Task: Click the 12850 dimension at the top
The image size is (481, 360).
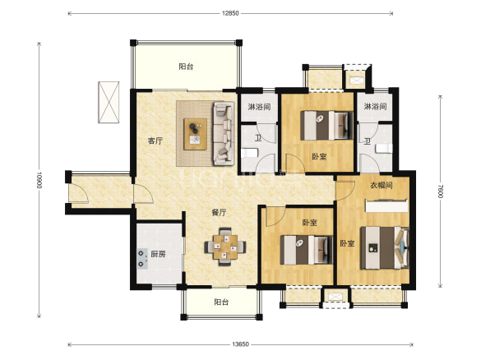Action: [x=230, y=13]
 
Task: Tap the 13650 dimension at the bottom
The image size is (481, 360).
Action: [x=240, y=344]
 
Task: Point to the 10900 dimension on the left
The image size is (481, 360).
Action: [x=39, y=180]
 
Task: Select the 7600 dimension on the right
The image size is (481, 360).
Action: [x=440, y=191]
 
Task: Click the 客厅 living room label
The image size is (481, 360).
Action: [x=155, y=141]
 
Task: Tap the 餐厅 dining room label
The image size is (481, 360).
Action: [x=219, y=212]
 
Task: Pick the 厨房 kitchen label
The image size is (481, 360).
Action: [x=159, y=254]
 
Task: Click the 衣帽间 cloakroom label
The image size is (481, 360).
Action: [x=382, y=185]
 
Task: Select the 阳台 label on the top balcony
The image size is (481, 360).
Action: [x=186, y=67]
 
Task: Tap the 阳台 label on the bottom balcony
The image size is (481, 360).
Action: [x=221, y=302]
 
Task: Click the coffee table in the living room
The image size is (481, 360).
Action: [x=195, y=134]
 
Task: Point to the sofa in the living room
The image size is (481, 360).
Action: [x=224, y=133]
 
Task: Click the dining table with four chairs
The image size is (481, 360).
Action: [x=225, y=247]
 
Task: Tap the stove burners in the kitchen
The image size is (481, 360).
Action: [x=141, y=259]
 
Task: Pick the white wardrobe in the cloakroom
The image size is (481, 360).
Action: [x=386, y=205]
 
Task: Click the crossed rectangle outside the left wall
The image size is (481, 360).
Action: [x=109, y=102]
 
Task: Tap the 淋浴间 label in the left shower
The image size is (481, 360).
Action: [x=259, y=107]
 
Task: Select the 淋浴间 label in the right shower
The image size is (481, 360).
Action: [x=375, y=106]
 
